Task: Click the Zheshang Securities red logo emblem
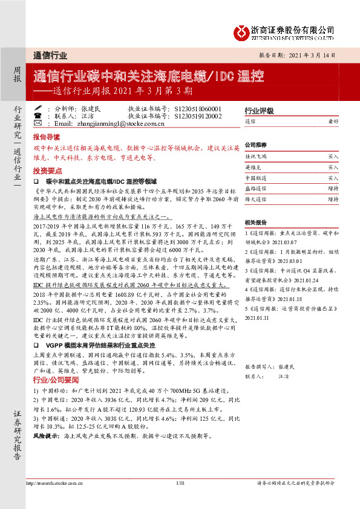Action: (242, 30)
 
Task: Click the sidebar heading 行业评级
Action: (257, 112)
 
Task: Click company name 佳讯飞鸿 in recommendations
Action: (255, 155)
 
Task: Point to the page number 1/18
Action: (180, 484)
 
